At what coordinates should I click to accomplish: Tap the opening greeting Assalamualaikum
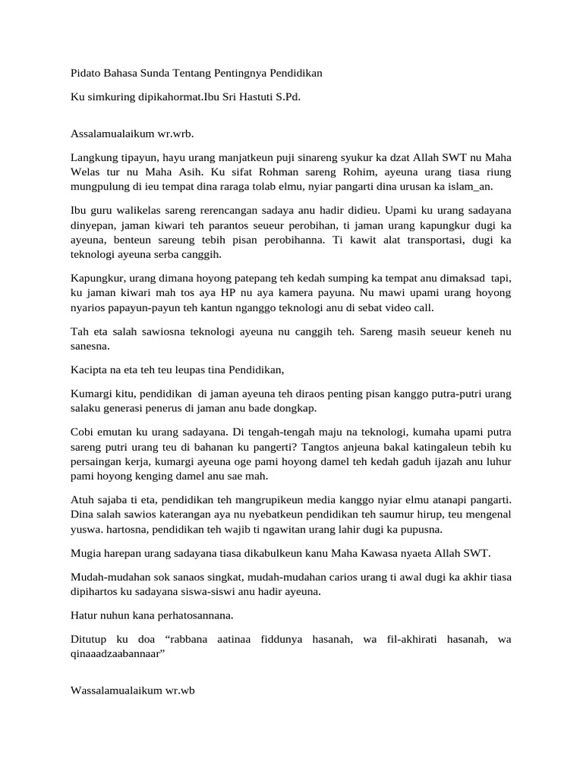[x=112, y=134]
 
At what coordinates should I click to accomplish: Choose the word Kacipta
[x=87, y=370]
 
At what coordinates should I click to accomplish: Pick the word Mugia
[x=84, y=555]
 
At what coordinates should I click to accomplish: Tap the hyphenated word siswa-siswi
[x=236, y=592]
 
